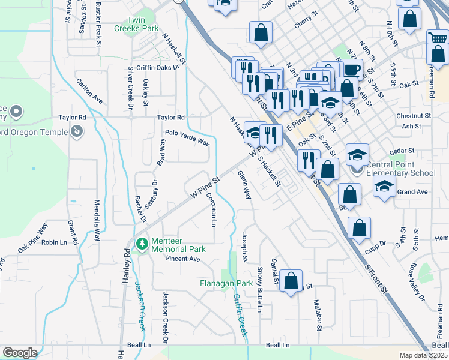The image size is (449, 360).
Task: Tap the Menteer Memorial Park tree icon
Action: click(142, 243)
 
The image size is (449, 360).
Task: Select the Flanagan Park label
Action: click(227, 283)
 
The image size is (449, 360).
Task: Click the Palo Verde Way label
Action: click(187, 137)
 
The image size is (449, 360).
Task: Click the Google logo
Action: click(20, 352)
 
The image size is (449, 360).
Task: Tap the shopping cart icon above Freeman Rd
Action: click(438, 39)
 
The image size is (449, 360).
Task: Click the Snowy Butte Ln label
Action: click(260, 290)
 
